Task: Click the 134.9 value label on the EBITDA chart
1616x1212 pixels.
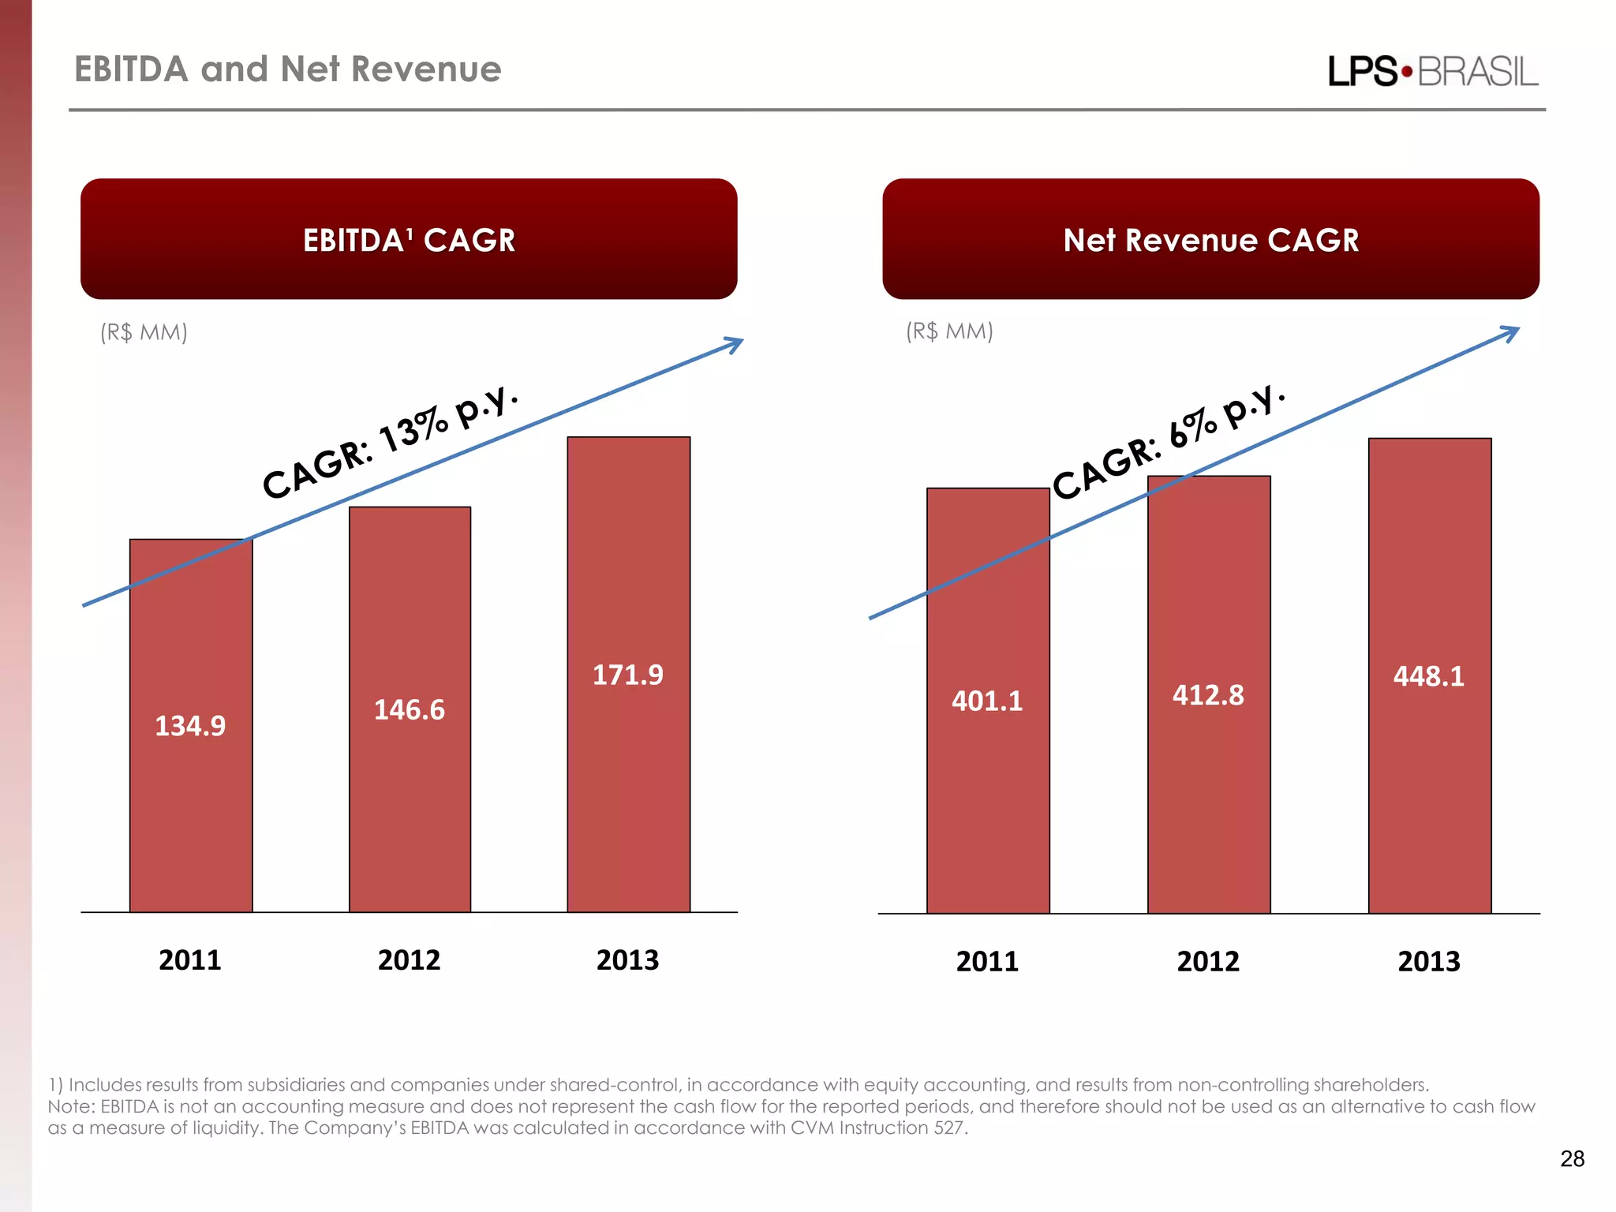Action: click(x=190, y=726)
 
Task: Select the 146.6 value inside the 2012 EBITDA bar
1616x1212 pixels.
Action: click(x=409, y=710)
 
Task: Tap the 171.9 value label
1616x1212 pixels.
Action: click(x=628, y=675)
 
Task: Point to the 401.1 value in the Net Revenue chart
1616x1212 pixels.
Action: click(x=987, y=701)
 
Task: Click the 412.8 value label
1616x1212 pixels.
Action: click(x=1208, y=696)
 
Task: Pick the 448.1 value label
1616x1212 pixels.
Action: click(x=1429, y=677)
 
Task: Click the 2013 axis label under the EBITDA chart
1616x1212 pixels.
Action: click(x=628, y=960)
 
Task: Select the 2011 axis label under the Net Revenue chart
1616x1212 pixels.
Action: click(x=987, y=962)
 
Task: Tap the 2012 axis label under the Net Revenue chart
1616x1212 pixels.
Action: click(x=1208, y=962)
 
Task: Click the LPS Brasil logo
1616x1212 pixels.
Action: click(x=1433, y=72)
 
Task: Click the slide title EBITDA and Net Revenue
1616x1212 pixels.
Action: click(x=288, y=69)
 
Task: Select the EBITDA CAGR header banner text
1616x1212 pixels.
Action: click(x=409, y=240)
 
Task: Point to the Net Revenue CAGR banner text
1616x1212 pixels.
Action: click(x=1210, y=240)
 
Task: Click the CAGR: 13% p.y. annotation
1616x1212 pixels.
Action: click(x=391, y=443)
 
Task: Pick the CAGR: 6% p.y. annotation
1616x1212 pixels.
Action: click(x=1169, y=443)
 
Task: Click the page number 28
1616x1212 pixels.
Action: click(x=1572, y=1158)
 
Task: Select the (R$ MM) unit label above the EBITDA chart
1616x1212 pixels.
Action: click(x=144, y=332)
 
